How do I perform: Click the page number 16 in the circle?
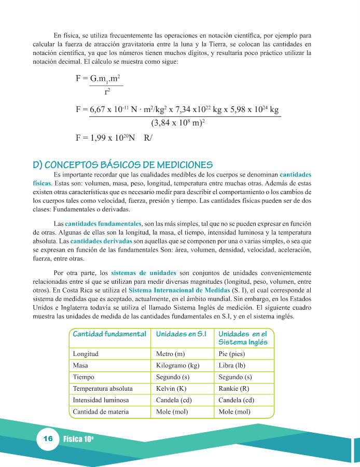pyautogui.click(x=48, y=439)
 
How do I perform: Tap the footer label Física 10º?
pyautogui.click(x=78, y=439)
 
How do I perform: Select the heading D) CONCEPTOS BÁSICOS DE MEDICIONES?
pyautogui.click(x=122, y=164)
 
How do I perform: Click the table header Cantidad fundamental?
pyautogui.click(x=109, y=334)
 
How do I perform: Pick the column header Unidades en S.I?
pyautogui.click(x=181, y=334)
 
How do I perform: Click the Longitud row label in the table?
pyautogui.click(x=86, y=354)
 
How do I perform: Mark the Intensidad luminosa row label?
pyautogui.click(x=101, y=400)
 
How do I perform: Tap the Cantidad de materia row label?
pyautogui.click(x=100, y=412)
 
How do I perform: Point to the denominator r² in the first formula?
pyautogui.click(x=107, y=92)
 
